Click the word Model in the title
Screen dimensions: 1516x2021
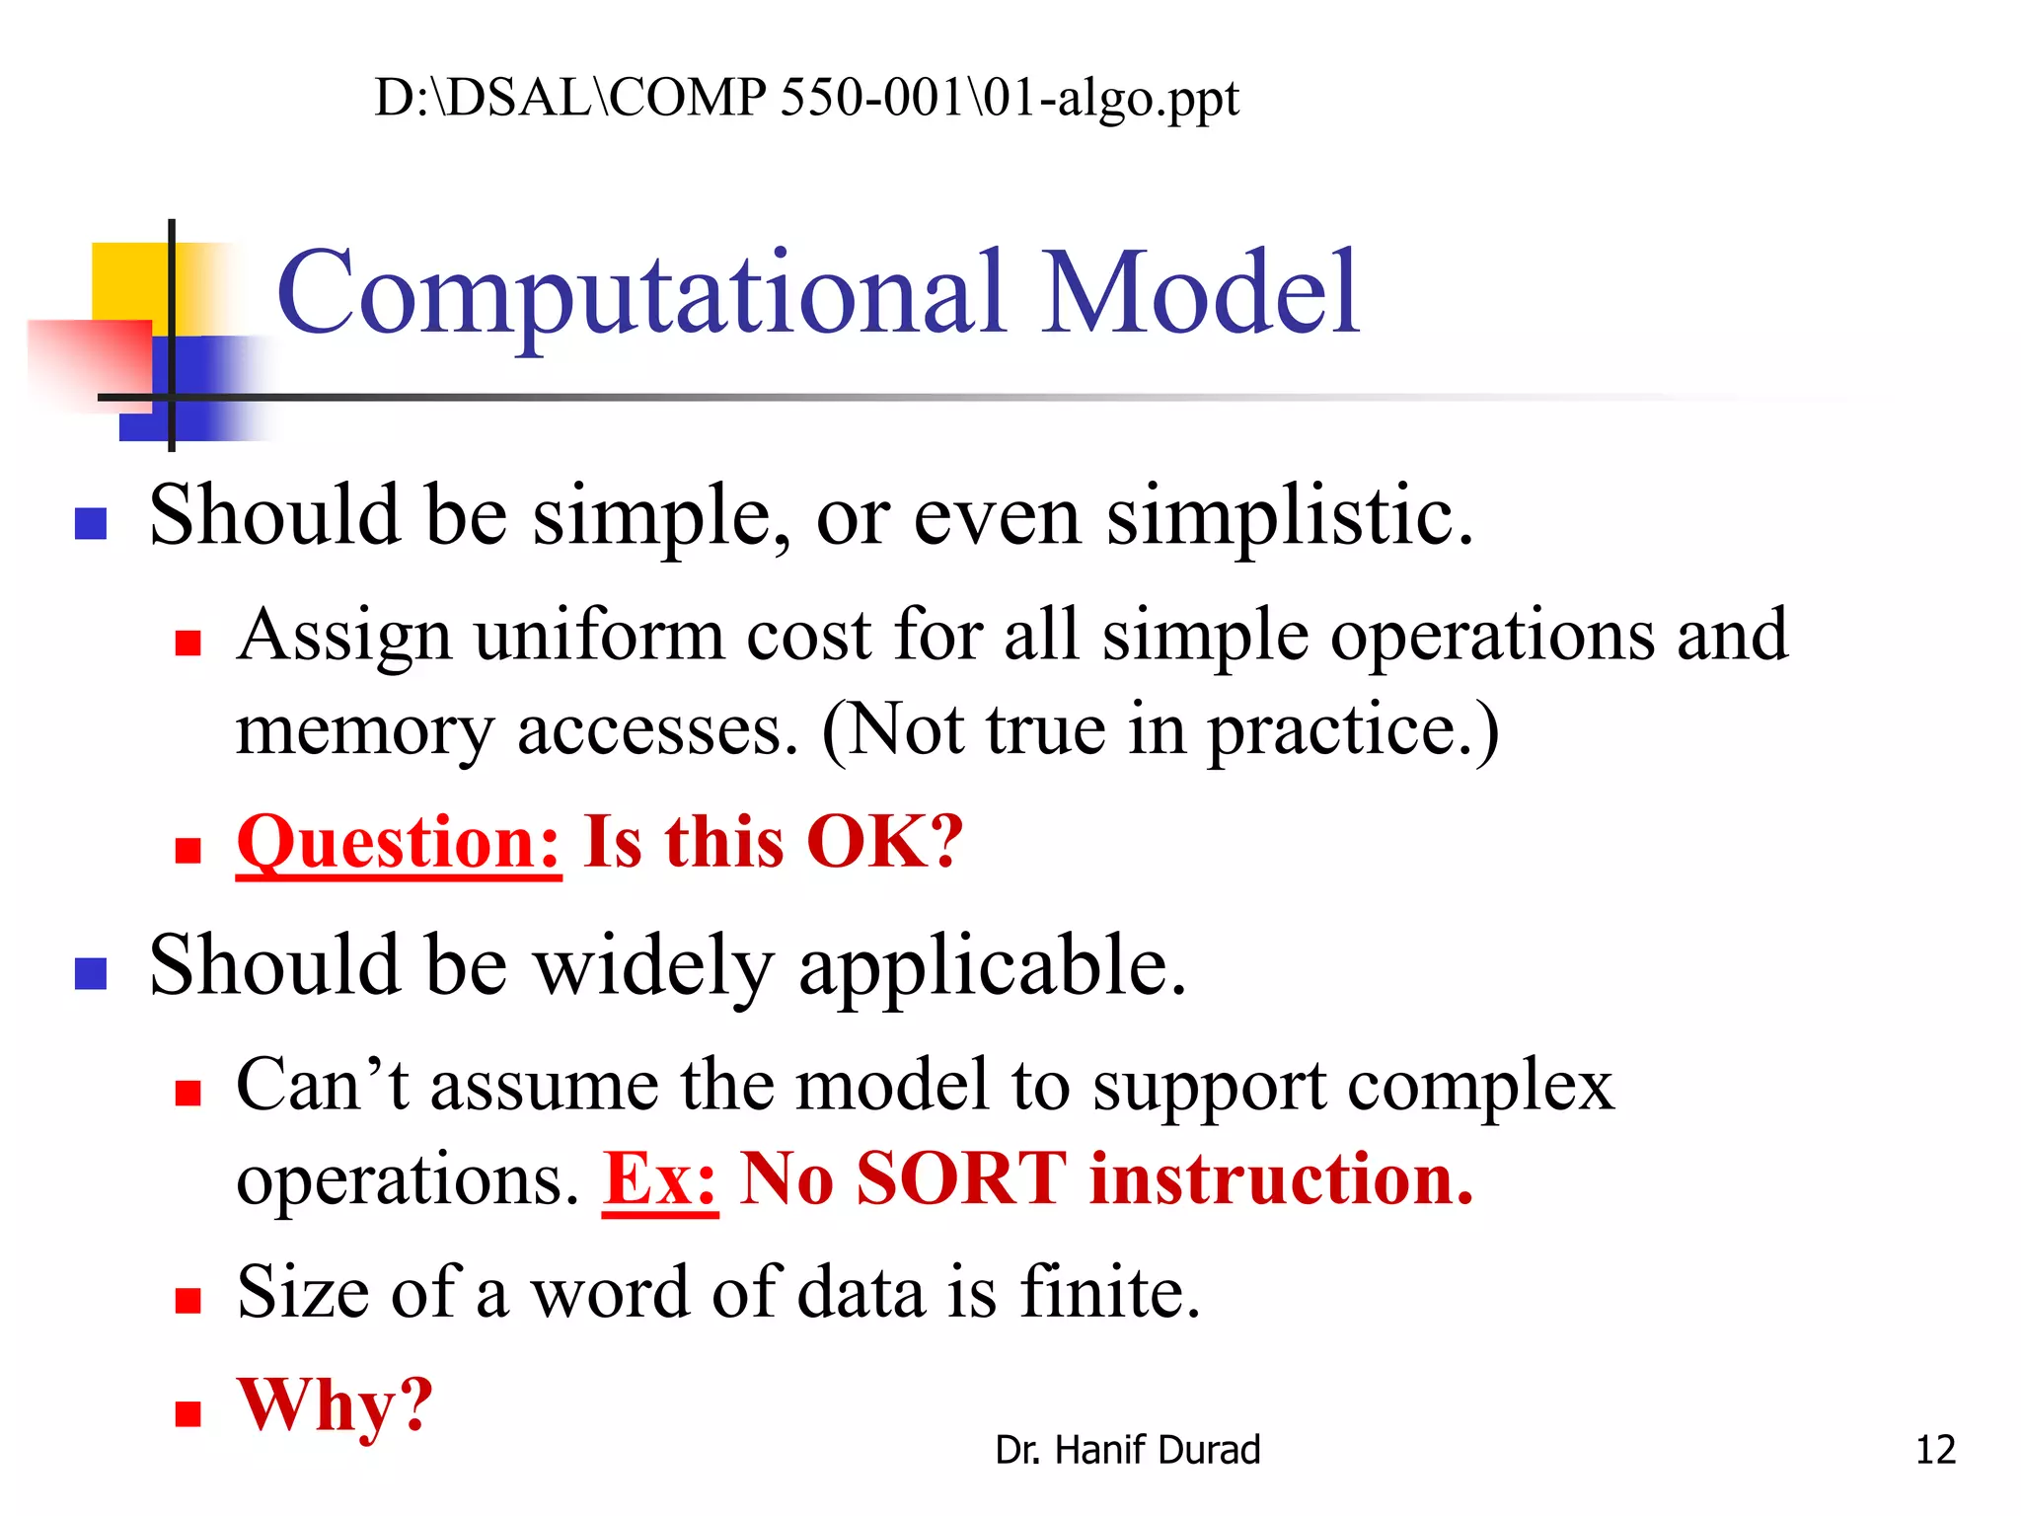[x=1201, y=294]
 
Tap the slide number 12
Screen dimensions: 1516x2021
[x=1934, y=1450]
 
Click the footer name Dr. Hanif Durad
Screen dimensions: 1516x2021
[x=1127, y=1450]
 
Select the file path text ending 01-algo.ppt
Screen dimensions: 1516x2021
[x=806, y=99]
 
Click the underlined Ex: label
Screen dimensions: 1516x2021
[x=660, y=1179]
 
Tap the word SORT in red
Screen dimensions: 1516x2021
[x=961, y=1179]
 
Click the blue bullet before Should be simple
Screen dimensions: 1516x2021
[x=91, y=523]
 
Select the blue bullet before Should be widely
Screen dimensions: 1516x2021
[x=91, y=973]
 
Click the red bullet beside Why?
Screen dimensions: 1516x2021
[x=187, y=1413]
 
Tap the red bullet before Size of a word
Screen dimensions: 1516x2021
[x=187, y=1300]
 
